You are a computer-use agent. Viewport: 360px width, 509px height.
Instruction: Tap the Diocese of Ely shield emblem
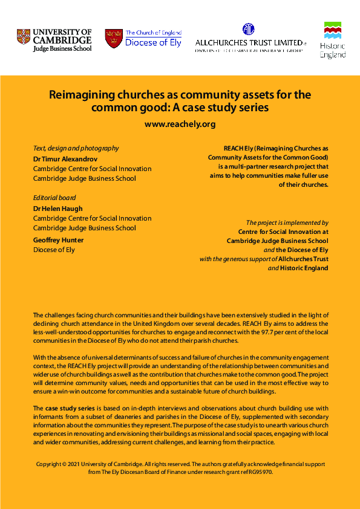point(113,38)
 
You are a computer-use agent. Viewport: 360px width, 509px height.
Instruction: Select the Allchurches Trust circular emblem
point(248,30)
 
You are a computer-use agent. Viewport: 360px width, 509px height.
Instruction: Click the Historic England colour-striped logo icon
point(333,30)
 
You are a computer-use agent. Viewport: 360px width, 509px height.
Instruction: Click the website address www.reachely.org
point(180,124)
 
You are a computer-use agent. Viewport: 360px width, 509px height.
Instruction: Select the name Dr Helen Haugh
point(57,209)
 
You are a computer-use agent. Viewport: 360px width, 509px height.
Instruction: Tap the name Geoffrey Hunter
point(58,240)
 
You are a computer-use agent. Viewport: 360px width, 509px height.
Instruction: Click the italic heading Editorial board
point(54,198)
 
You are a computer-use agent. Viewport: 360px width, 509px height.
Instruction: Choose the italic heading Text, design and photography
point(76,148)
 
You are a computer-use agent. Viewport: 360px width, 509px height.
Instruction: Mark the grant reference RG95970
point(259,472)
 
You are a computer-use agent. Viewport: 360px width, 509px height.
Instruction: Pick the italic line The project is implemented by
point(287,222)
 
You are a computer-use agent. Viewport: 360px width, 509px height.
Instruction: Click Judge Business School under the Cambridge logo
point(62,48)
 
